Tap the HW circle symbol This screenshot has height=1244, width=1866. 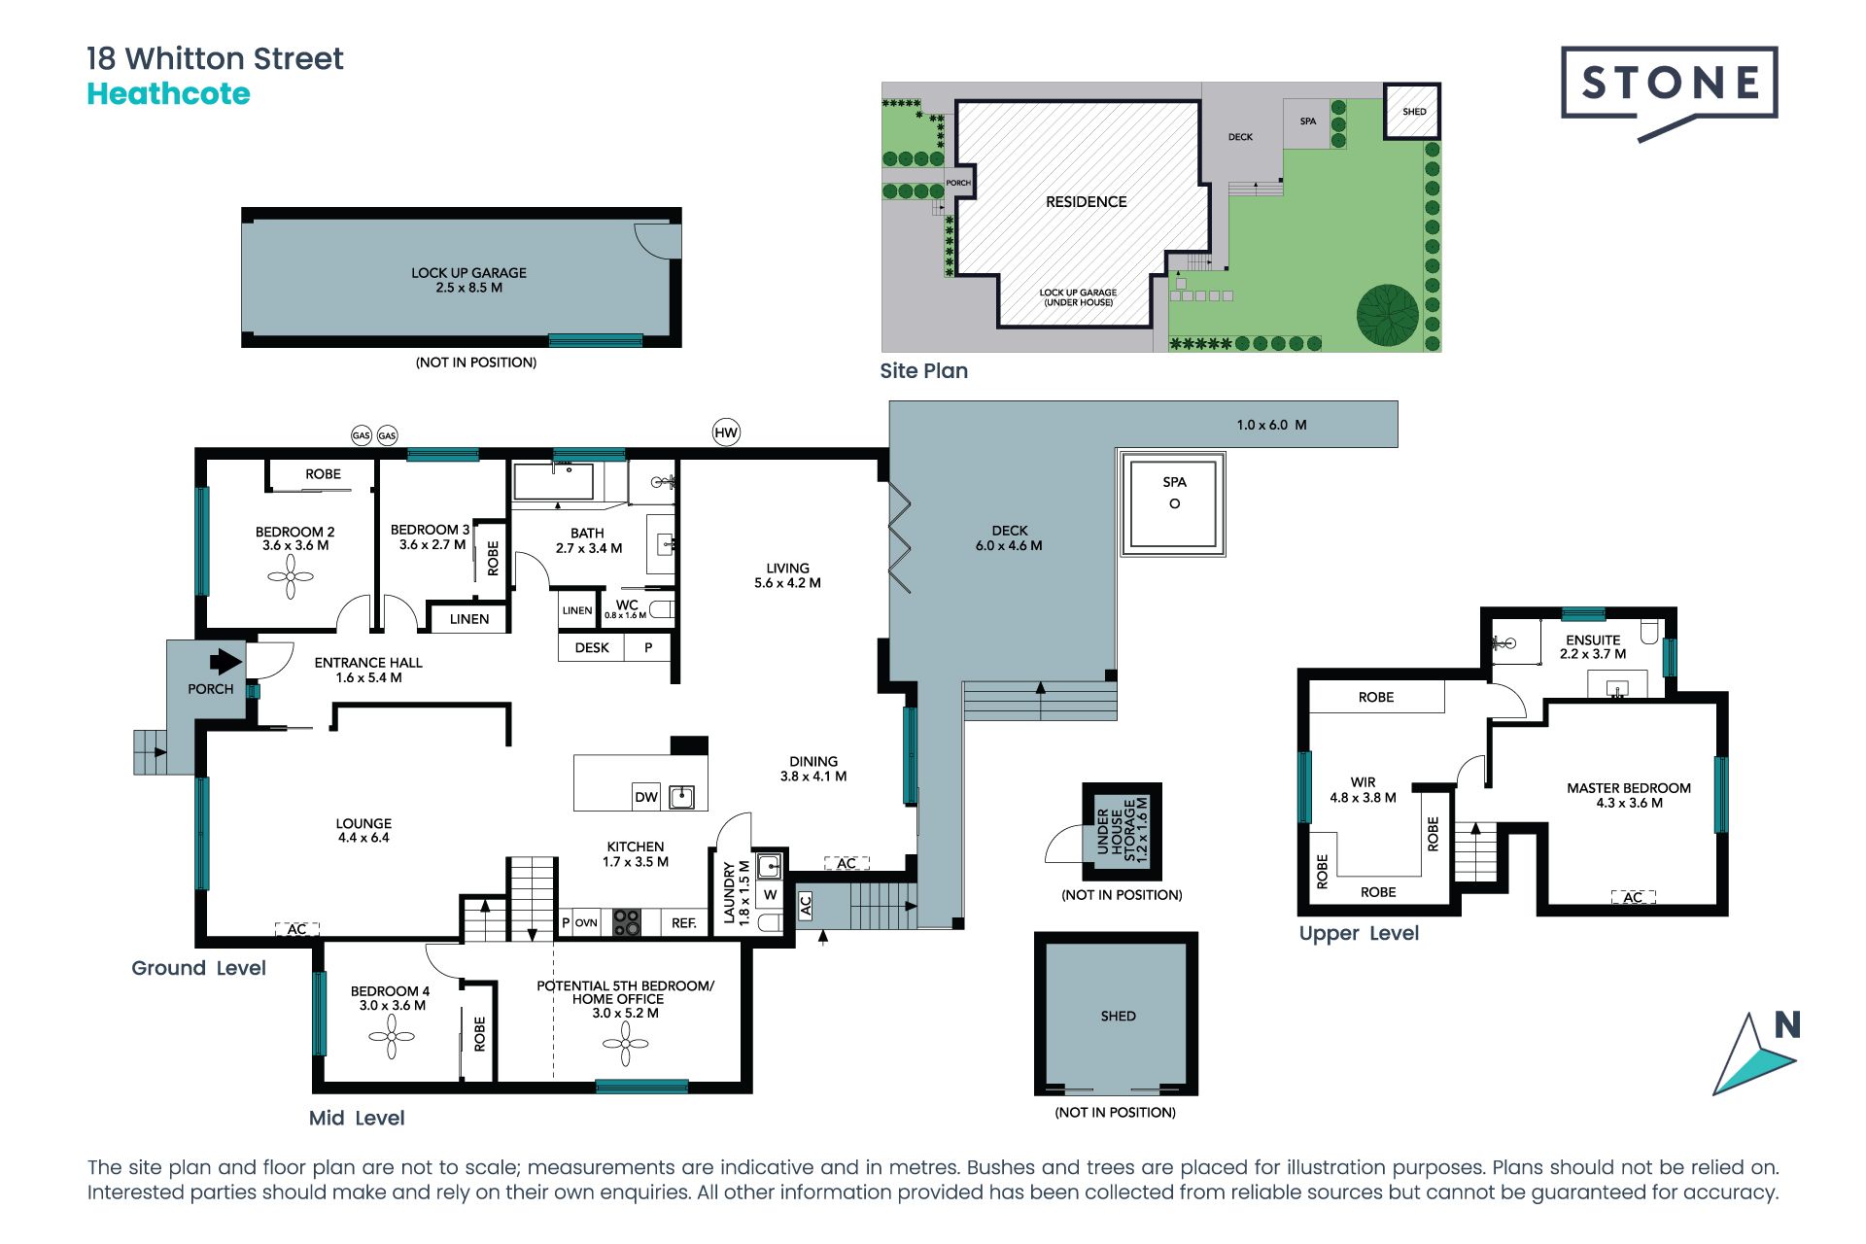(726, 432)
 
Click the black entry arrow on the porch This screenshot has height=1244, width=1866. (225, 661)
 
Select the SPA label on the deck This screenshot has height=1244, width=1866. (1174, 482)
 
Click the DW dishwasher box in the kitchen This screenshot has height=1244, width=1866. (646, 797)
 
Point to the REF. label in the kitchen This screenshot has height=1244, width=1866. (684, 923)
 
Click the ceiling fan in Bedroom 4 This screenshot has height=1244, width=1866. (392, 1036)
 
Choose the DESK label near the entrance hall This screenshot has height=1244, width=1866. (592, 647)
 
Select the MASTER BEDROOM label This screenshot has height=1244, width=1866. (1629, 788)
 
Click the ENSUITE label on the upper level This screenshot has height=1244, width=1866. (1593, 639)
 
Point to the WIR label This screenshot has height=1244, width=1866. (1363, 782)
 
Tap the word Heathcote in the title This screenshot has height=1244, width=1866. (168, 94)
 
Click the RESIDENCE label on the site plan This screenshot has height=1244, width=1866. (1087, 202)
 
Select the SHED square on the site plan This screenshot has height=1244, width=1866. (1412, 111)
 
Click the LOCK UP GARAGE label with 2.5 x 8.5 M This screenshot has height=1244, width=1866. (468, 273)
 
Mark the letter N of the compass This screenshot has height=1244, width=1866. (1787, 1025)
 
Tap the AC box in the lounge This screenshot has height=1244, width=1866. (296, 929)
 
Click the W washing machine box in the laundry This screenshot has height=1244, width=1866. (770, 895)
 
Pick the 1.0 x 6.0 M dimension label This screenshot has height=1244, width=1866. (1271, 425)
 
